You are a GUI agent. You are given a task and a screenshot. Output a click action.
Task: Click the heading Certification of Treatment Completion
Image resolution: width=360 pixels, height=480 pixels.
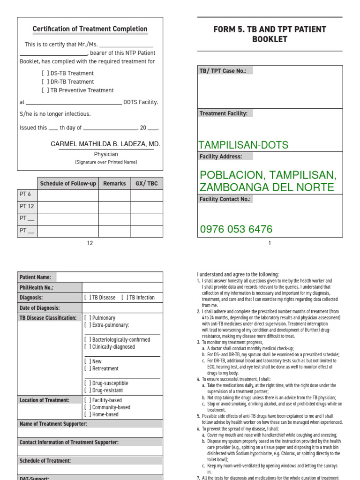[x=90, y=29]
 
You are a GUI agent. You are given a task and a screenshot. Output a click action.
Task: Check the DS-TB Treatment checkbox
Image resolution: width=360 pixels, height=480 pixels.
[x=45, y=73]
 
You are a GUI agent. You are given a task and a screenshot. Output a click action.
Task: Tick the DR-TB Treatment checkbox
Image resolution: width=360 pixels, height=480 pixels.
[x=45, y=82]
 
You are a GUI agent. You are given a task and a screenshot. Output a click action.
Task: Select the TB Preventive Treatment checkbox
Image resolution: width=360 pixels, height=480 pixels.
[x=45, y=90]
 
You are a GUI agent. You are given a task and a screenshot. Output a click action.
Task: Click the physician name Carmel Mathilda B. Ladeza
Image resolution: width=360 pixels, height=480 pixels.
[x=105, y=144]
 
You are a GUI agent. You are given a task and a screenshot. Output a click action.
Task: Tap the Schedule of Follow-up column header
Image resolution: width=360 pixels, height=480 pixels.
[x=68, y=183]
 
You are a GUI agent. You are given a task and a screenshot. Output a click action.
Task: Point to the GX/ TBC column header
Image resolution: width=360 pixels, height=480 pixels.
[x=147, y=183]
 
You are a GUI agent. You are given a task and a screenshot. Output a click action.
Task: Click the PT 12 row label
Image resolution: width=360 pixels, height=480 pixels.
[x=27, y=206]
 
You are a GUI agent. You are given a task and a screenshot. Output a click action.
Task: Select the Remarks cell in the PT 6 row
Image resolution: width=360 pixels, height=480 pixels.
[x=114, y=195]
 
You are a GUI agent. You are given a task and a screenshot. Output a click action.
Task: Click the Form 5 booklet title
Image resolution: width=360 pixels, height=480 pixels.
[x=270, y=34]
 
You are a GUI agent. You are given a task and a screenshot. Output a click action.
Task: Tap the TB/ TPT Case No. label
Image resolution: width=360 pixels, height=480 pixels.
[x=225, y=71]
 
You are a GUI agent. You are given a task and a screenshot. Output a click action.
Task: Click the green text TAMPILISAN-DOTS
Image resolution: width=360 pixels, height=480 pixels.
[x=244, y=145]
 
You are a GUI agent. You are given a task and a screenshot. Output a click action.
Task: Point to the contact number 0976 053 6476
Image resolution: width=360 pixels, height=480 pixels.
[x=236, y=229]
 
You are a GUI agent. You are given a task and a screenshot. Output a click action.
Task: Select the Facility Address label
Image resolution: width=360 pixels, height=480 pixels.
[x=221, y=157]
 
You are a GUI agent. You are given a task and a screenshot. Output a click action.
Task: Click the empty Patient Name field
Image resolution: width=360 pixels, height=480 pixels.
[x=109, y=277]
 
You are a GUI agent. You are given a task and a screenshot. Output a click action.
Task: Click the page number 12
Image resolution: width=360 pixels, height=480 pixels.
[x=90, y=243]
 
